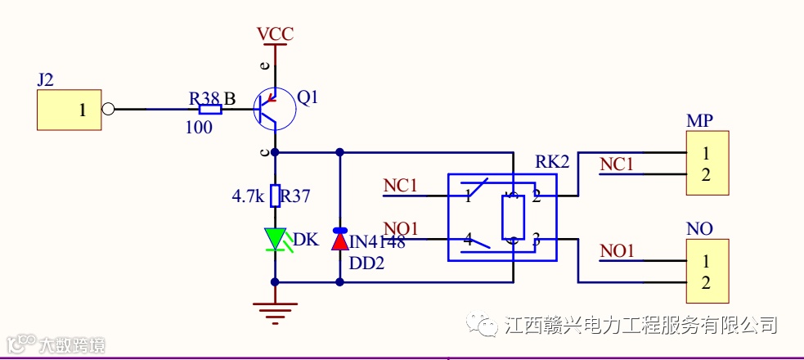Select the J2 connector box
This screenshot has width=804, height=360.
pyautogui.click(x=70, y=110)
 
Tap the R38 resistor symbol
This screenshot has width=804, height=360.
pyautogui.click(x=210, y=110)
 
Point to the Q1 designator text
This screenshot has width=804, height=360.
pyautogui.click(x=308, y=98)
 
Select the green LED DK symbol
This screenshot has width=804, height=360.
pyautogui.click(x=275, y=239)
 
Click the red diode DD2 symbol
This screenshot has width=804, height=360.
pyautogui.click(x=339, y=240)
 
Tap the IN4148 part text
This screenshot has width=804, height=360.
pyautogui.click(x=377, y=242)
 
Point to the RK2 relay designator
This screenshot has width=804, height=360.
pyautogui.click(x=552, y=161)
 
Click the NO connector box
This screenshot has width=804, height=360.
pyautogui.click(x=707, y=272)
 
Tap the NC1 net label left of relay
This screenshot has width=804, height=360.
pyautogui.click(x=400, y=186)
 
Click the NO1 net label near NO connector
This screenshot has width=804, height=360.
pyautogui.click(x=618, y=251)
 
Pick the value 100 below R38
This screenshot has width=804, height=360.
pyautogui.click(x=199, y=128)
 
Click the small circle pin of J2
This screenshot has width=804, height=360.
pyautogui.click(x=108, y=110)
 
